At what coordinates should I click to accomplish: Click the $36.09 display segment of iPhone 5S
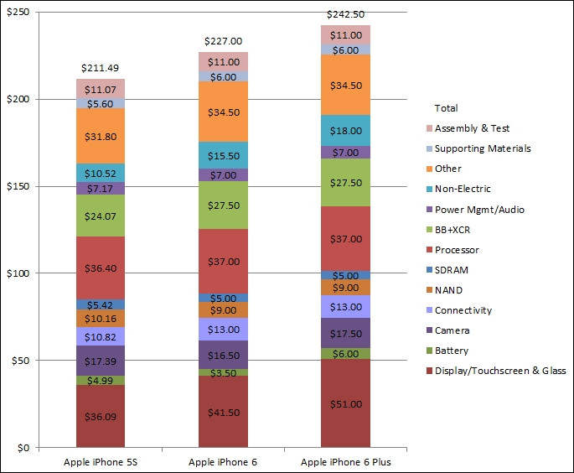[101, 415]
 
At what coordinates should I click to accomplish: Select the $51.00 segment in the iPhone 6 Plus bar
[345, 403]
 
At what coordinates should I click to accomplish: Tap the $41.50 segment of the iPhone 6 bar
[223, 411]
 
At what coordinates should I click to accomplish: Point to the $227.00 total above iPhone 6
[223, 41]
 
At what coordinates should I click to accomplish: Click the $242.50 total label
[345, 15]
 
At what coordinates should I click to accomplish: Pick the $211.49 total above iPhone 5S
[101, 68]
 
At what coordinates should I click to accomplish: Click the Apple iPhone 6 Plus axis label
[345, 462]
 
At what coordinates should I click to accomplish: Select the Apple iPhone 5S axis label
[101, 462]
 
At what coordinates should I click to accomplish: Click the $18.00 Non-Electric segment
[345, 131]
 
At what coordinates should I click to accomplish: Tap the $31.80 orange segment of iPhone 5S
[101, 136]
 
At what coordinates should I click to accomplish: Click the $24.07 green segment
[101, 216]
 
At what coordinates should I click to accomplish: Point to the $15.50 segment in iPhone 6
[223, 155]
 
